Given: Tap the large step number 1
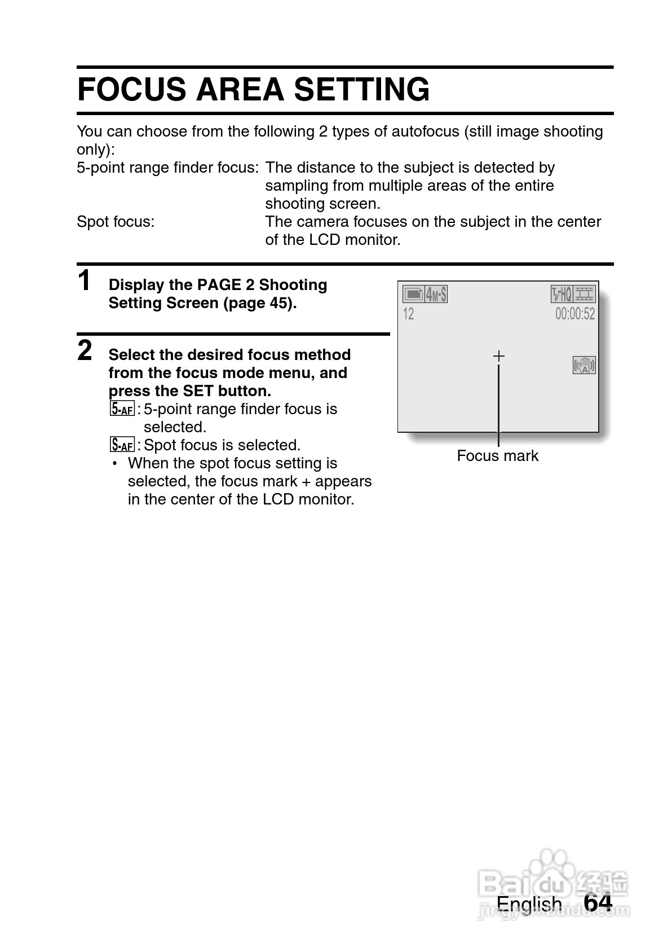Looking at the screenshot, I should tap(84, 281).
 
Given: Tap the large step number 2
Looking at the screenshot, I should tap(85, 350).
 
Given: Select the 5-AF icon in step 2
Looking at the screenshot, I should tap(122, 409).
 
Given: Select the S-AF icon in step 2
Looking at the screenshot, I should tap(122, 445).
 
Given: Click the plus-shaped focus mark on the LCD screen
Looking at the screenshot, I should tap(498, 356).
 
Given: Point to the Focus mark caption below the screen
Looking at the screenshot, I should tap(497, 456).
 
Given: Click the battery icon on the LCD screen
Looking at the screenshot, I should tap(413, 294).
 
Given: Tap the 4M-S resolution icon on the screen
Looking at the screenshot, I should tap(436, 294).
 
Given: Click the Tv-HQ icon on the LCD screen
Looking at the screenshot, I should tap(562, 294).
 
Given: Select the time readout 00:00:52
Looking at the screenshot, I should tap(574, 314).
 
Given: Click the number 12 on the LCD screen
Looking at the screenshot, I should tap(409, 314).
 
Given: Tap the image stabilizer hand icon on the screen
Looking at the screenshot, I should tap(585, 366).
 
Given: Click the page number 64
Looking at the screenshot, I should tap(598, 903).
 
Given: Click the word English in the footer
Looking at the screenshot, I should tap(529, 904).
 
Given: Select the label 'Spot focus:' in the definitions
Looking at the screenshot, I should tap(116, 222).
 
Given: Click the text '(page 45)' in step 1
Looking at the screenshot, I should tap(259, 303).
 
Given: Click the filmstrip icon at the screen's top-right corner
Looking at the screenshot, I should tap(585, 294).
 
